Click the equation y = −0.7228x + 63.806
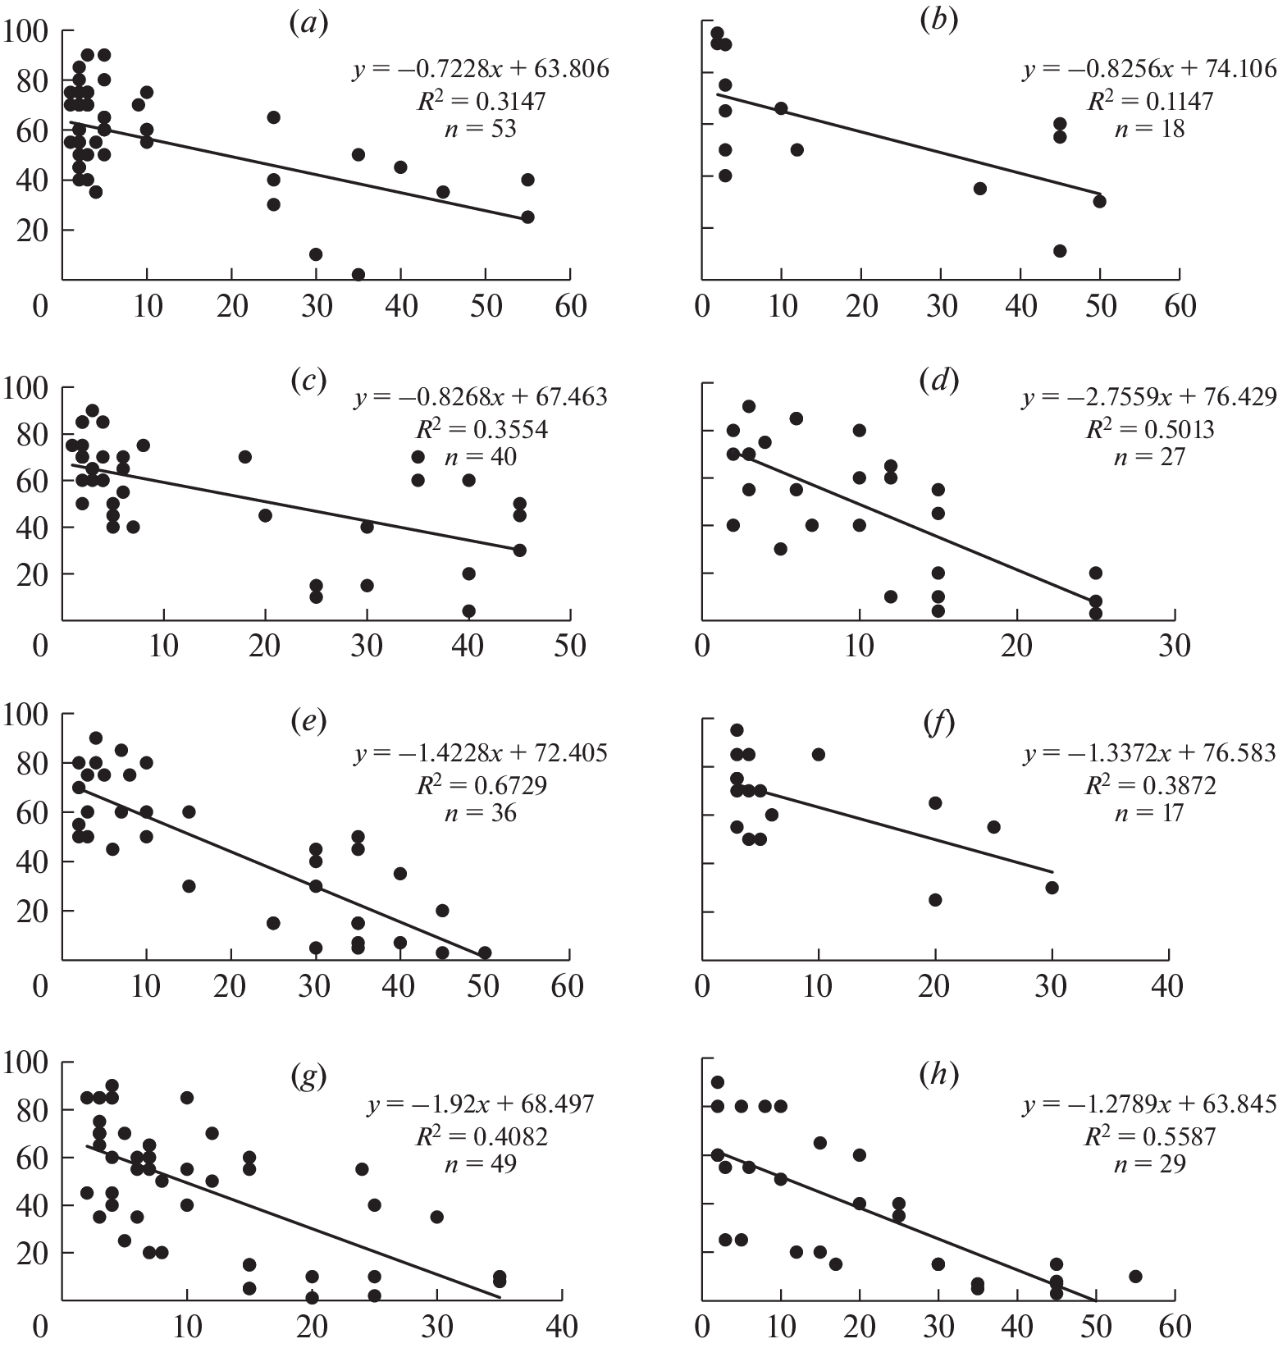click(481, 69)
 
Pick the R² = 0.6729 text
click(481, 785)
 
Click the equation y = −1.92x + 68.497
click(481, 1104)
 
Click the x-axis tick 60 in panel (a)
click(569, 307)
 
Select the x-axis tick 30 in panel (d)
click(1174, 647)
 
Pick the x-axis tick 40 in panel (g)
click(561, 1327)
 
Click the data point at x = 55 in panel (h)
click(1135, 1276)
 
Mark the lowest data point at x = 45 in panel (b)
click(1060, 251)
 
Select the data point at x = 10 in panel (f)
click(818, 754)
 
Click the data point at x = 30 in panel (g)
click(436, 1217)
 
